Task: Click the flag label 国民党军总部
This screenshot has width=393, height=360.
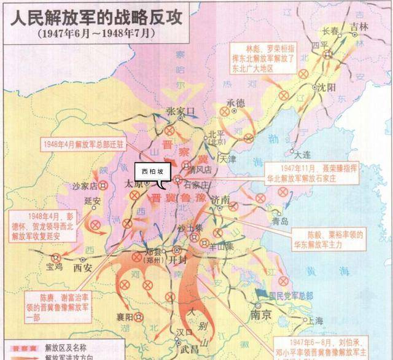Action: [292, 295]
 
